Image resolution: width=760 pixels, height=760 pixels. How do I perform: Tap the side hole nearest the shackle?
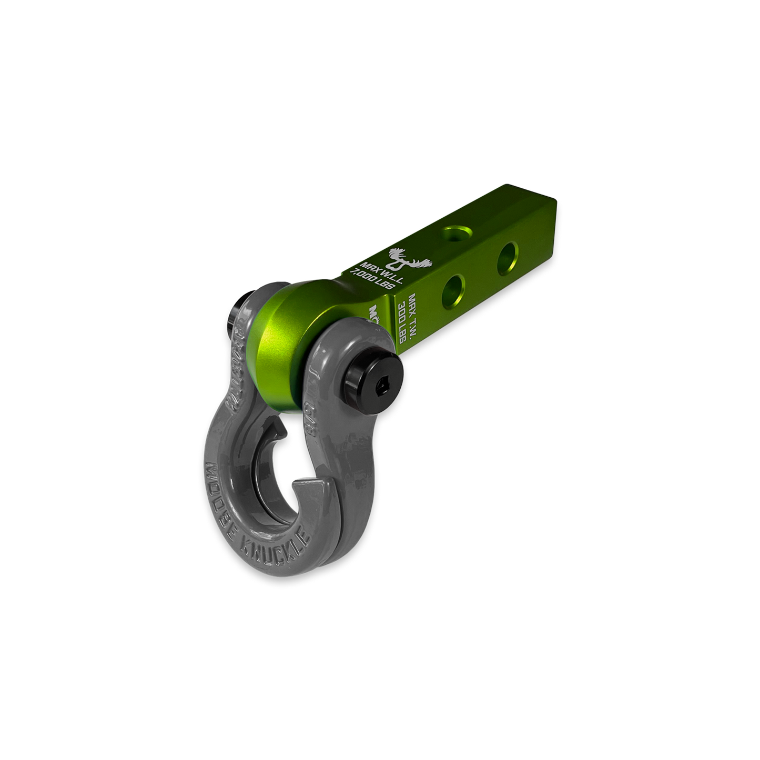point(454,289)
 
